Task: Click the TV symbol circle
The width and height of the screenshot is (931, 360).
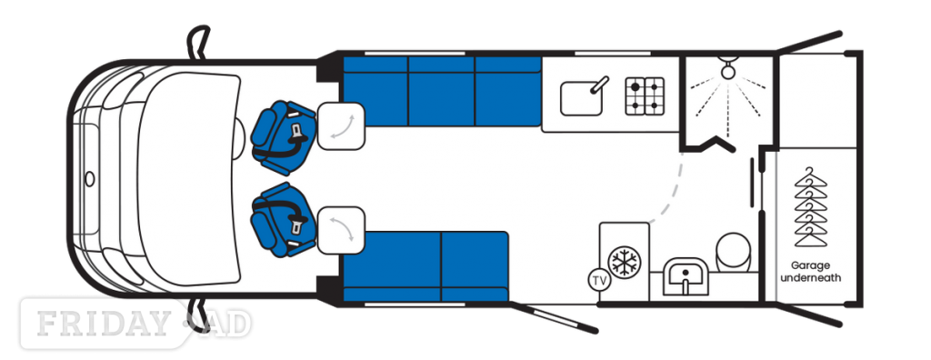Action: pos(600,280)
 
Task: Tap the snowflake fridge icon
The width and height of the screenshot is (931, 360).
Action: pos(625,262)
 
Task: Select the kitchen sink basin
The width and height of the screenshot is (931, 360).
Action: pos(581,98)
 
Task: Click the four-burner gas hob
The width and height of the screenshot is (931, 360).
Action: pos(645,95)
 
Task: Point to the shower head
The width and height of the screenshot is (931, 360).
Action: pos(727,69)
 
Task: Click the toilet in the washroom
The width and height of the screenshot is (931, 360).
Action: pos(734,251)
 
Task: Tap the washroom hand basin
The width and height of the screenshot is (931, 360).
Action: pos(686,276)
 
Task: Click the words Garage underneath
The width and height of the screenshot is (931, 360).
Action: pos(810,272)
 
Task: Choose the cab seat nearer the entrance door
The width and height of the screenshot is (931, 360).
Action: pos(282,219)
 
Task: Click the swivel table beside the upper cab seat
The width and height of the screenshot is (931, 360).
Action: pos(341,126)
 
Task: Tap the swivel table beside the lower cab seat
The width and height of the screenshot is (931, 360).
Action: pos(341,230)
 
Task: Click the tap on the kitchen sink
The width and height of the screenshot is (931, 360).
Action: pos(599,85)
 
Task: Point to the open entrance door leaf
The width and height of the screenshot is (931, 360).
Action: pos(554,317)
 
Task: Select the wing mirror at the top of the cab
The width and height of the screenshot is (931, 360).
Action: pos(199,42)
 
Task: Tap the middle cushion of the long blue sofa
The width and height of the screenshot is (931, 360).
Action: pos(441,91)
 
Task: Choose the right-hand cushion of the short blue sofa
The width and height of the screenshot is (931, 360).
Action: pos(475,266)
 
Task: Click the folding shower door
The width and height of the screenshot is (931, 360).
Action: pos(708,145)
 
